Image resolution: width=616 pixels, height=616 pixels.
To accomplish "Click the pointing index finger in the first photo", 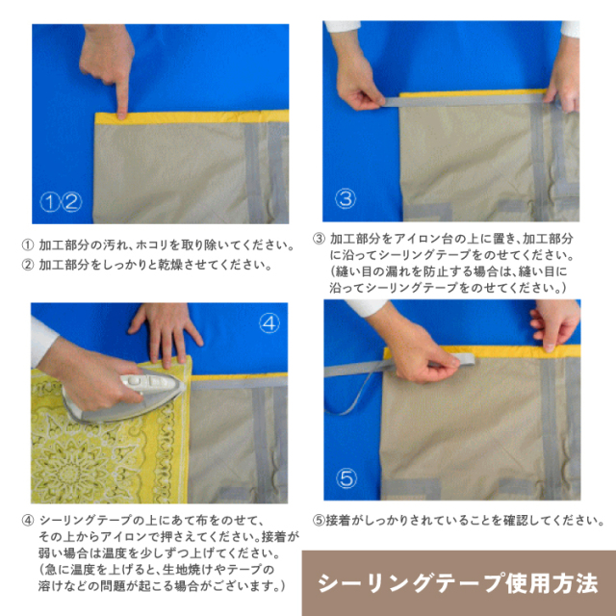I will (x=122, y=91).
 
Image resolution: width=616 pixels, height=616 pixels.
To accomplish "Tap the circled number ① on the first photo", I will (x=50, y=202).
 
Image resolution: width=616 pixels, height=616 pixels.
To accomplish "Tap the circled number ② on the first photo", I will (x=71, y=202).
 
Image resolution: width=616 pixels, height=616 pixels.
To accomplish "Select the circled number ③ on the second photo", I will (x=346, y=199).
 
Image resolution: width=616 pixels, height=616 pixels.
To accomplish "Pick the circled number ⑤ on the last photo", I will (x=347, y=477).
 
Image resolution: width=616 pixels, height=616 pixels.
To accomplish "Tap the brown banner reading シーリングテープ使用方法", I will (x=458, y=583).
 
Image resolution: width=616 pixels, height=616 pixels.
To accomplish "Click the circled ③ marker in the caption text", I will (x=319, y=238).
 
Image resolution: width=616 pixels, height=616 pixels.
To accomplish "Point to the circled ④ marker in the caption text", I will (x=26, y=522).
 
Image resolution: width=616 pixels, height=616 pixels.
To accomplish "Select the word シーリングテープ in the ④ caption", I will (x=81, y=522).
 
